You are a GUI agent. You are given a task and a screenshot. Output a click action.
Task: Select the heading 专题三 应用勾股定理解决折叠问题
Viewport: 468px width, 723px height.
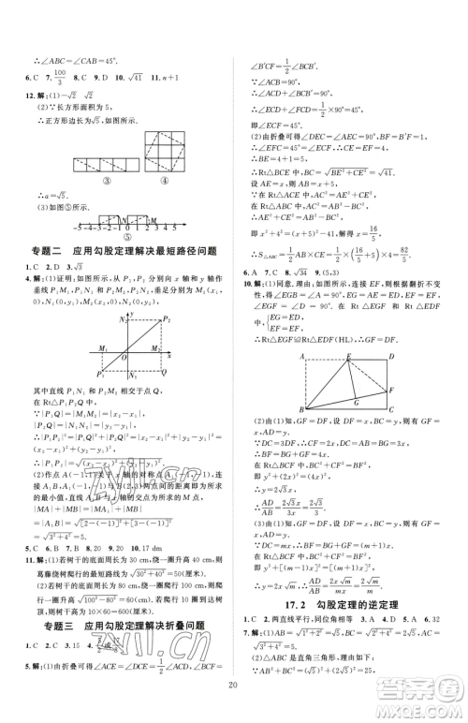(115, 627)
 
